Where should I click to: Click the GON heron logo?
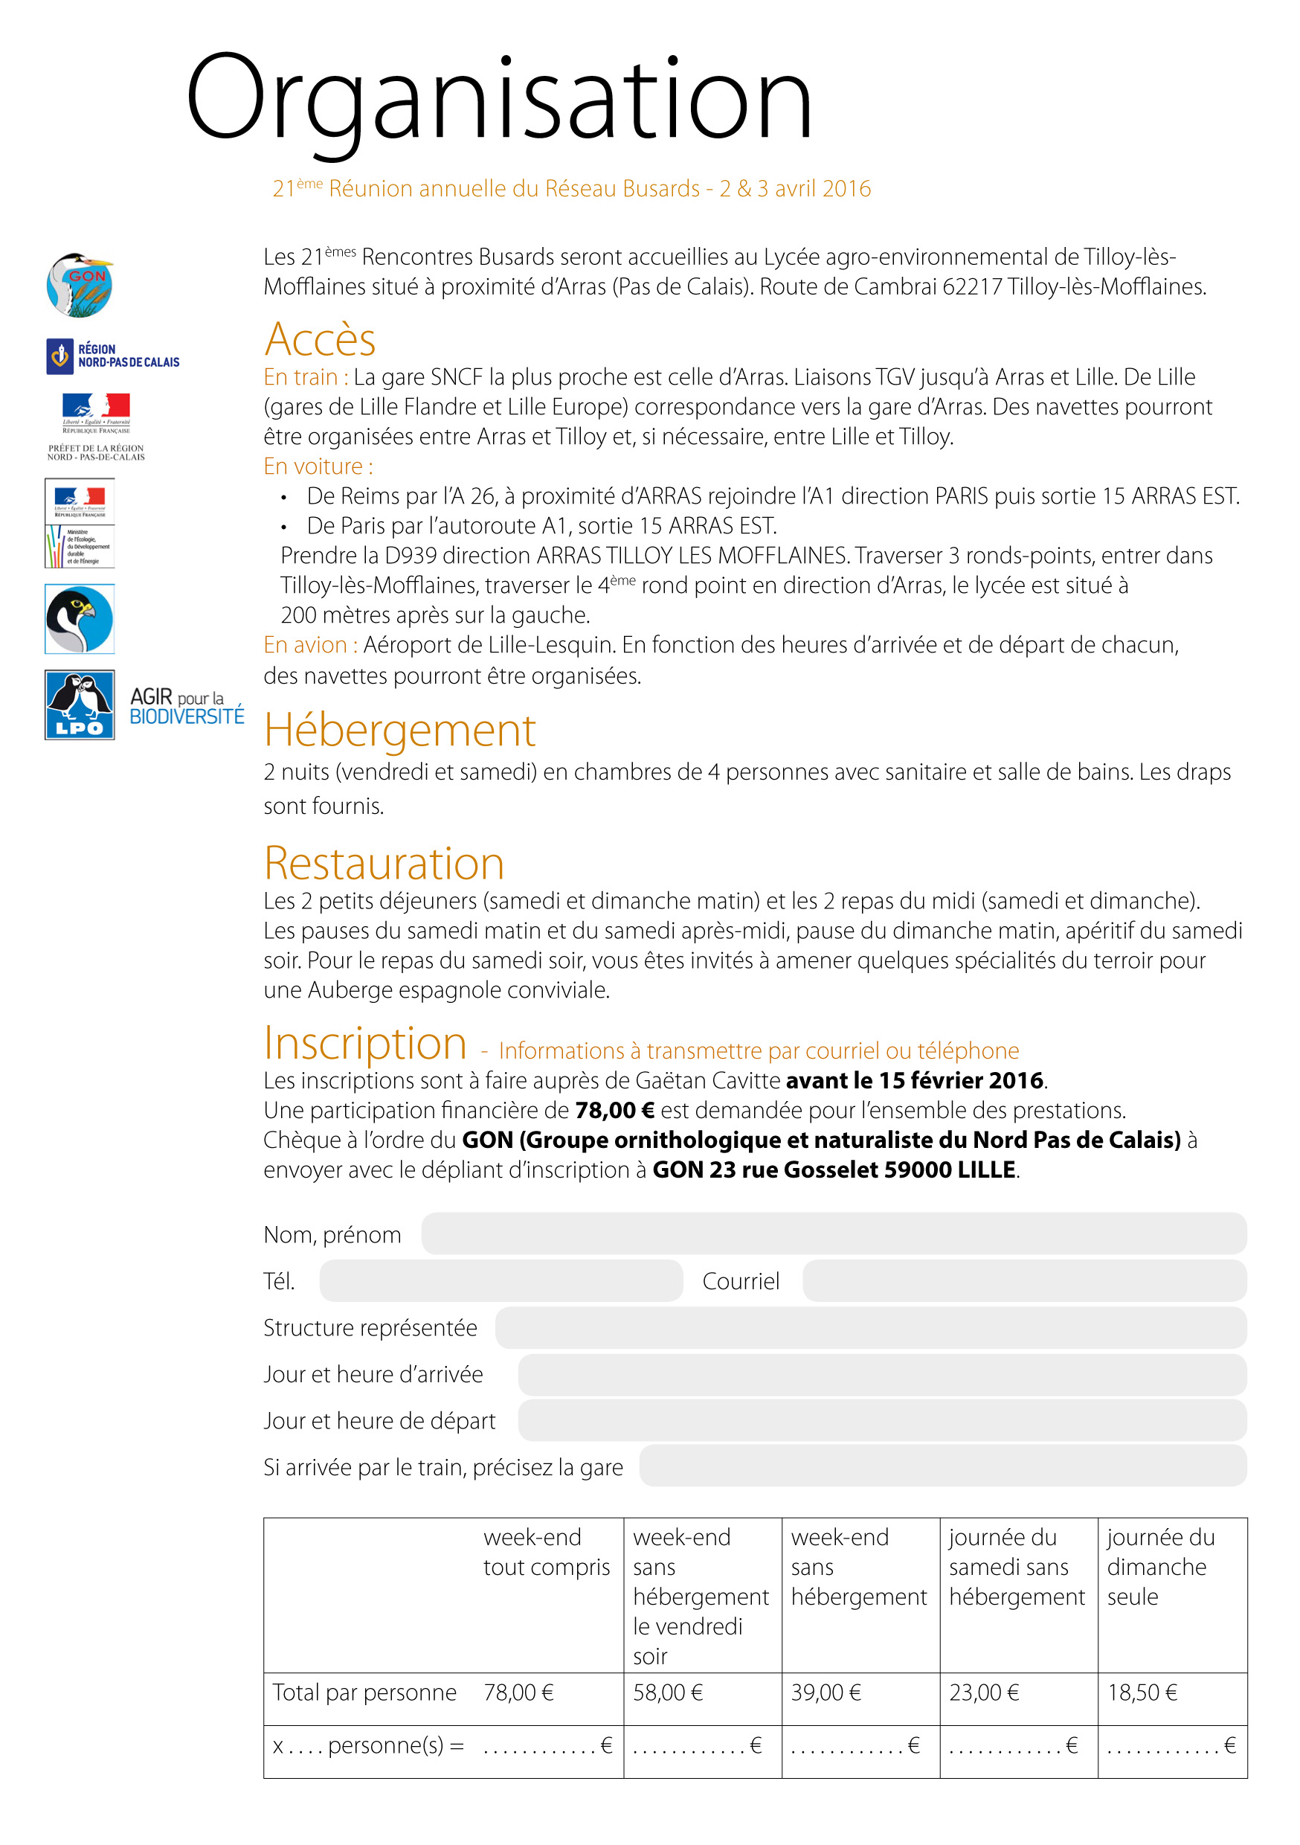click(x=79, y=284)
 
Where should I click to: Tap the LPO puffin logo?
click(x=80, y=705)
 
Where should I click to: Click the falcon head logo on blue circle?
click(x=80, y=619)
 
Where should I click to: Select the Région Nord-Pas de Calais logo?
click(x=112, y=356)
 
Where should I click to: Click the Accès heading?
click(x=320, y=339)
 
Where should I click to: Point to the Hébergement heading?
click(x=399, y=731)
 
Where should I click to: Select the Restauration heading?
click(x=384, y=864)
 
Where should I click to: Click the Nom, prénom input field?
click(x=833, y=1233)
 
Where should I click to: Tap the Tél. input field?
click(x=501, y=1280)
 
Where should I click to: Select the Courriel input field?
click(x=1023, y=1280)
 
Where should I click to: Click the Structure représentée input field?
click(x=870, y=1326)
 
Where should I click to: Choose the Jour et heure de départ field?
click(x=881, y=1420)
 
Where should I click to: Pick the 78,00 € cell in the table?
click(x=518, y=1692)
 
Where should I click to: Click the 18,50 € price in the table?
click(x=1142, y=1692)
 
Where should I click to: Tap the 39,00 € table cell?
click(x=826, y=1692)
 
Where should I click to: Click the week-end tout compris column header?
click(x=547, y=1553)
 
